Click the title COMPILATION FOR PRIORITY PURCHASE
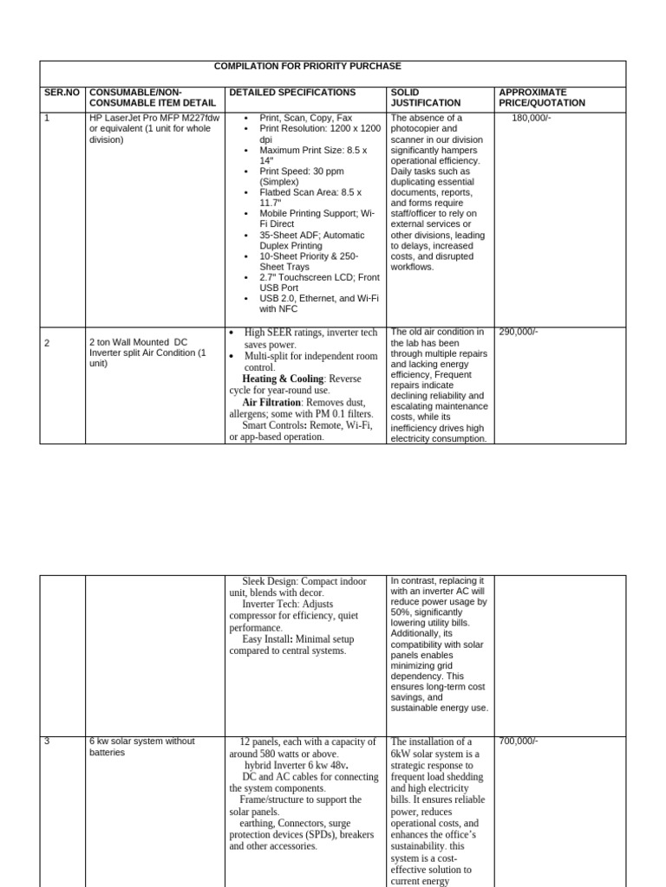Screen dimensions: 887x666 [x=308, y=67]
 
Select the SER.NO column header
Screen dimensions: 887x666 [x=61, y=92]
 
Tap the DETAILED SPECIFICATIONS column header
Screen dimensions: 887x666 [x=292, y=92]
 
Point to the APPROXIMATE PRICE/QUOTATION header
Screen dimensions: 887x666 [x=542, y=97]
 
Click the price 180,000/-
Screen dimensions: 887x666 [x=531, y=118]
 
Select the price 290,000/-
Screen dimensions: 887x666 [x=518, y=332]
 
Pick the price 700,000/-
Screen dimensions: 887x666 [x=518, y=741]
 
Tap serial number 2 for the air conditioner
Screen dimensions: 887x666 [x=47, y=343]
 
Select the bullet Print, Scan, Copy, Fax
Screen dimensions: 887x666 [x=305, y=118]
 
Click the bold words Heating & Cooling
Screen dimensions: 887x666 [x=283, y=379]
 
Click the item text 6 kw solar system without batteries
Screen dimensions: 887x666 [x=142, y=747]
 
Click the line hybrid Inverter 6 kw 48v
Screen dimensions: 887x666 [x=296, y=766]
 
